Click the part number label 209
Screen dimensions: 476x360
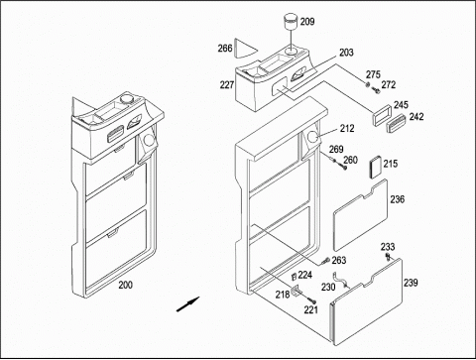tap(307, 22)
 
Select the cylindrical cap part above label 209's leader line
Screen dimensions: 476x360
tap(291, 21)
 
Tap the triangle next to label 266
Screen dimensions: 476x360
tap(245, 48)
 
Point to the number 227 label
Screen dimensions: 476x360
tap(227, 85)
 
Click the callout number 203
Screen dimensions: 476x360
tap(346, 53)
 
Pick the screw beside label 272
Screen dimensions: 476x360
tap(376, 89)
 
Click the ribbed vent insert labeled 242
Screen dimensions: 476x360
tap(397, 122)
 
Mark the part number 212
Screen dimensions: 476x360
tap(347, 128)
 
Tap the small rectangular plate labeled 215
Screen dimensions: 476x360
tap(376, 168)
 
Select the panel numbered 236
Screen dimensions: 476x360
tap(360, 215)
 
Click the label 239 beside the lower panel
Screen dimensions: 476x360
tap(411, 283)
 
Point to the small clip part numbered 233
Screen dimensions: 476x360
tap(386, 257)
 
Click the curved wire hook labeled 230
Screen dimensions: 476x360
tap(340, 280)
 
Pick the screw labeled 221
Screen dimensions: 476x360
tap(311, 300)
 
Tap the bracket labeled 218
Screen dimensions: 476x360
tap(297, 291)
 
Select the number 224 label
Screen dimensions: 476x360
tap(304, 275)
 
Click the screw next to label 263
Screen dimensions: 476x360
tap(324, 261)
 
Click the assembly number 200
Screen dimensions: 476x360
tap(126, 285)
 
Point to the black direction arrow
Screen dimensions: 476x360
tap(187, 304)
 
